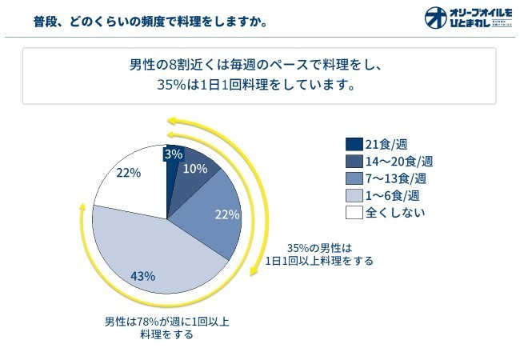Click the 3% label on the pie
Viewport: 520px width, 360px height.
point(173,154)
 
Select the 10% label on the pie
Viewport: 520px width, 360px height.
point(195,169)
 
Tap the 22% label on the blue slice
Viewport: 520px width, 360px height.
point(227,214)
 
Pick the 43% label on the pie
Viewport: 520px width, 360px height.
point(142,276)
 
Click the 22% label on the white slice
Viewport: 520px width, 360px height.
point(128,172)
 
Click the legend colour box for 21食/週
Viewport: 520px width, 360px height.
point(354,144)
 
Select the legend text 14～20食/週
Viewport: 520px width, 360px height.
point(398,161)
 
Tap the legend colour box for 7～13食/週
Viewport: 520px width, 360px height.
point(354,178)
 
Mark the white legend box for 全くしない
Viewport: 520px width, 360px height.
point(354,212)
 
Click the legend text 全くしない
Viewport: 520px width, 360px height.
point(395,212)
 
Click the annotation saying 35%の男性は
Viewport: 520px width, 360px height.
point(319,247)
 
